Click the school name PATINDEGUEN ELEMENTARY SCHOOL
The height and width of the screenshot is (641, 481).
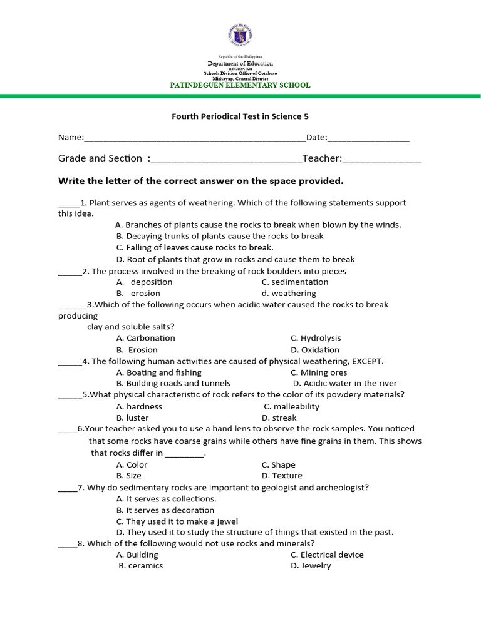[240, 85]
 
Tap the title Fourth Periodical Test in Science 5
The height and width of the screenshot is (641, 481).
[240, 116]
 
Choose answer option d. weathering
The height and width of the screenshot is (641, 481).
[289, 294]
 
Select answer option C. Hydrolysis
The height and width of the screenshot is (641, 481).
[316, 338]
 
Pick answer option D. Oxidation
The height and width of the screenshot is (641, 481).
[315, 350]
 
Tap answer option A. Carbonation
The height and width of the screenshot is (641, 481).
[146, 338]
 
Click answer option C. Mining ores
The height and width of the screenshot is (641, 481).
[319, 372]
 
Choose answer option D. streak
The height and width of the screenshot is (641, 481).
[279, 418]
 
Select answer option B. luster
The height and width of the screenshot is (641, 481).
[133, 418]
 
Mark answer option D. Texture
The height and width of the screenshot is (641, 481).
[282, 476]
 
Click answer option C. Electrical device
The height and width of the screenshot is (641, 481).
[327, 555]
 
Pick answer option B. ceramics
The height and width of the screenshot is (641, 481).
[141, 566]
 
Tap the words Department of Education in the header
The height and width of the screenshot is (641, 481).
[240, 64]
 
